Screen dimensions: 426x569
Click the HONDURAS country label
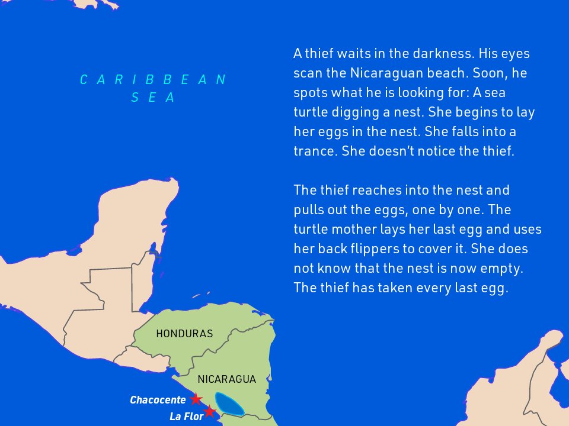[x=184, y=334]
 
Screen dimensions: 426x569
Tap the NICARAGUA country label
[x=227, y=379]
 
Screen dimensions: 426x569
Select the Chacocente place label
[x=158, y=400]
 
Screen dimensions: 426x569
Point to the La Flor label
[x=186, y=417]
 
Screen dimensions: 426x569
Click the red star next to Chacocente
[x=196, y=399]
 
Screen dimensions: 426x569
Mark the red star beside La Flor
[x=209, y=411]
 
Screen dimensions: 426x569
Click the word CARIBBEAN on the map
[x=154, y=80]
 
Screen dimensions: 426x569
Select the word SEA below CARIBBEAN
[x=154, y=98]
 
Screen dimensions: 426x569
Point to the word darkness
[x=437, y=54]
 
